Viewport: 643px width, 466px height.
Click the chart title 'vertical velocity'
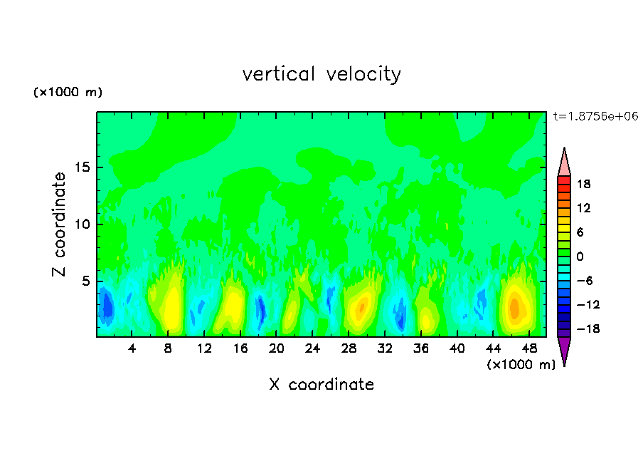[x=321, y=74]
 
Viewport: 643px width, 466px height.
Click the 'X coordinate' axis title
[x=321, y=385]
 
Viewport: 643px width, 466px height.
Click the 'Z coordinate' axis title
[x=60, y=224]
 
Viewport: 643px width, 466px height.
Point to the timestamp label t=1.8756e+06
[x=596, y=116]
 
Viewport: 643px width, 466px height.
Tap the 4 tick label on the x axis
[x=132, y=348]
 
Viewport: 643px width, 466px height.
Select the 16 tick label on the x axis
[x=240, y=348]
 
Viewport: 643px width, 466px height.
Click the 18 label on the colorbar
[x=583, y=184]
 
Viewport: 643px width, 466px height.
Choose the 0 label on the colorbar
[x=579, y=257]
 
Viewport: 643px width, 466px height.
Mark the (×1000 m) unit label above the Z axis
[x=68, y=93]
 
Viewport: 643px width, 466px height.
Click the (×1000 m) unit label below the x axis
[x=521, y=365]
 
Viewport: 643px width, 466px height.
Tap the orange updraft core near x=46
[x=515, y=308]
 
